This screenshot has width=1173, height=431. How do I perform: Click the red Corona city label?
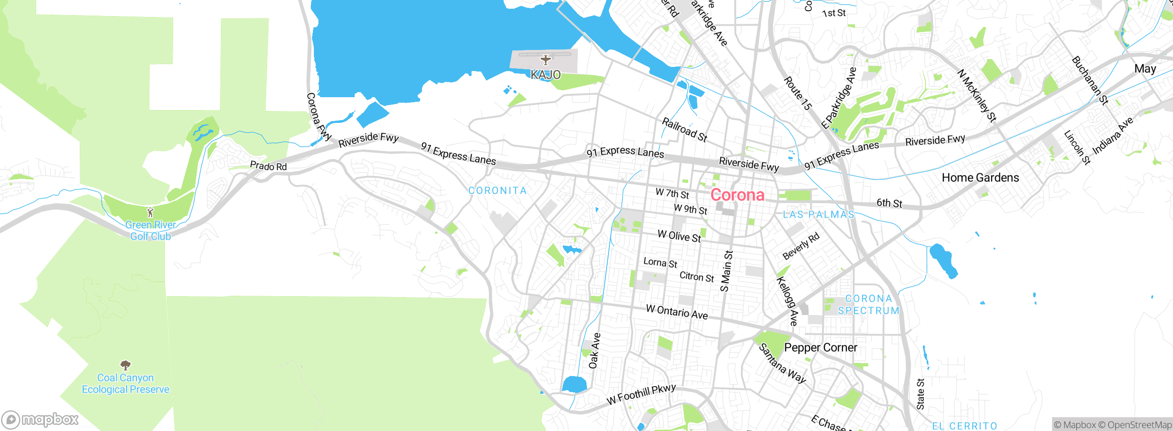(737, 195)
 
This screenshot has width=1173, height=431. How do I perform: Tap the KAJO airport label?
(545, 74)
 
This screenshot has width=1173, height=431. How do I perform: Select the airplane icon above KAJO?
(545, 60)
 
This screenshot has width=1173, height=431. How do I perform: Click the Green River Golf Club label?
(150, 231)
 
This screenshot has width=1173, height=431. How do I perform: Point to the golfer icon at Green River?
(150, 212)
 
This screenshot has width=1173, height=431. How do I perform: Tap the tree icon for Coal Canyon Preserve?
(126, 365)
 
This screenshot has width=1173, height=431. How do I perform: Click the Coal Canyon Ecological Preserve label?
(126, 384)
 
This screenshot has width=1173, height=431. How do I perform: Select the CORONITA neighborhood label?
(498, 190)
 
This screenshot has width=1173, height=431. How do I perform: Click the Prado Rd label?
(268, 166)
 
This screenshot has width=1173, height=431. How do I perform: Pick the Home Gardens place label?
(980, 178)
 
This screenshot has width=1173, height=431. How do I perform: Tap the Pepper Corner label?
(820, 348)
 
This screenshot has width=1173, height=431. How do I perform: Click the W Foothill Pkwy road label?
(641, 394)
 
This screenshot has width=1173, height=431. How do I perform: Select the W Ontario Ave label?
(677, 312)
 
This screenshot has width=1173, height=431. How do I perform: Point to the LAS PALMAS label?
(818, 215)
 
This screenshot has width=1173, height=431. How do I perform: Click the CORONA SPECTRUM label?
(869, 304)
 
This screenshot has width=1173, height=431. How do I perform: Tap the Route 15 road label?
(798, 94)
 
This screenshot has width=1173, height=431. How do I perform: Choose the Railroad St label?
(685, 130)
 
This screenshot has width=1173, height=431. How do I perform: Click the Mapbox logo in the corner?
(40, 419)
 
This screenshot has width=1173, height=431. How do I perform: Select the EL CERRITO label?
(964, 426)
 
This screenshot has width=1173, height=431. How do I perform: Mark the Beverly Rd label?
(800, 247)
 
